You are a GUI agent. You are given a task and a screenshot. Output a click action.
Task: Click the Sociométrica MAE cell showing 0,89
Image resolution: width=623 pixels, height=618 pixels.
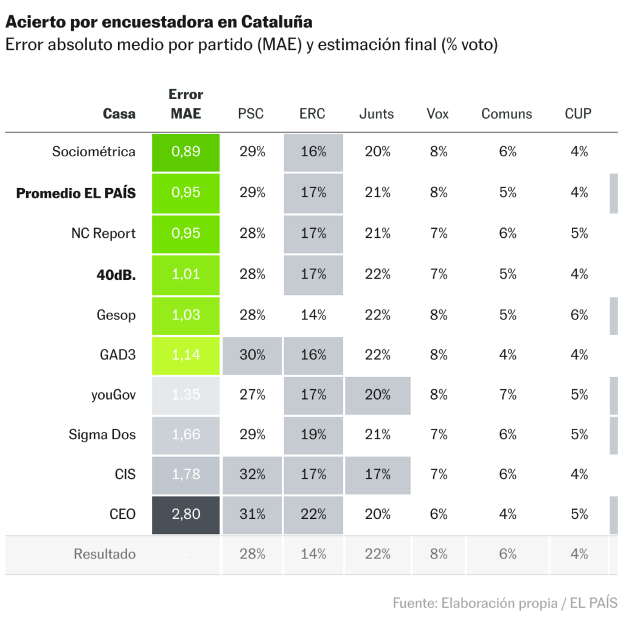point(186,152)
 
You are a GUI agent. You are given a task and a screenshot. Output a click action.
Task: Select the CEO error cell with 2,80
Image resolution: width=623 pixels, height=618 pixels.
point(186,515)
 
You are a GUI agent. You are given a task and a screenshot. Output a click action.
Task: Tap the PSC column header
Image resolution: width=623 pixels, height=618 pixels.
point(251,114)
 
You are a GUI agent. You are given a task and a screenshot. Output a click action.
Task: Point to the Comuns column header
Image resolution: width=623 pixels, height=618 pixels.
point(506,114)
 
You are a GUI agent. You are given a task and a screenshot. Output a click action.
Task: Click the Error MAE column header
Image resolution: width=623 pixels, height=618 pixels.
point(186,104)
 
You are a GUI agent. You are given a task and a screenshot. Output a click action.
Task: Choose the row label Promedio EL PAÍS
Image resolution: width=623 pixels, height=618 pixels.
point(76,193)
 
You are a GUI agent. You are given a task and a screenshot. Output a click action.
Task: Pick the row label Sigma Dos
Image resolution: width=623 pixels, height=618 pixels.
point(102,435)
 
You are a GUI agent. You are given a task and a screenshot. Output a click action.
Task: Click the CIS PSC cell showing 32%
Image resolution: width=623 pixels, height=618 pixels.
point(252,474)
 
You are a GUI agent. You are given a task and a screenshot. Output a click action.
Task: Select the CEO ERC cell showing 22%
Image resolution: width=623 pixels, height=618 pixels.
point(313,515)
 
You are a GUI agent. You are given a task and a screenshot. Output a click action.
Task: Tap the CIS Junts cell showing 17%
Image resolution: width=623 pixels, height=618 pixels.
point(377,474)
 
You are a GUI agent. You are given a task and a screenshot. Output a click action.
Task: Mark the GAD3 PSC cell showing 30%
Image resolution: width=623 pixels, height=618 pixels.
point(252,355)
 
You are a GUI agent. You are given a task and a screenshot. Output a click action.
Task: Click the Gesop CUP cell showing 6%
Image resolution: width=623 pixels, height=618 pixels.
point(579,315)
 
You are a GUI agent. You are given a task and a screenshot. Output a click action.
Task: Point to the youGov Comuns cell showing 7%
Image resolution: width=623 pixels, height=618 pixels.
point(507,395)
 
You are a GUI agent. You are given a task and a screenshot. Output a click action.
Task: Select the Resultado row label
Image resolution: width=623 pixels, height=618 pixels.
point(105,554)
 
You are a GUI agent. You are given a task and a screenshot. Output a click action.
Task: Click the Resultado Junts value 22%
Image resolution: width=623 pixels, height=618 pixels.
point(377,554)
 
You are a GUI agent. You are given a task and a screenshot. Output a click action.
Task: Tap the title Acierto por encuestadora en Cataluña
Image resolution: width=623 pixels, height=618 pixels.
point(159,23)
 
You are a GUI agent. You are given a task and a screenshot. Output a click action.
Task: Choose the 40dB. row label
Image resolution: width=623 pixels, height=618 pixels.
point(116,274)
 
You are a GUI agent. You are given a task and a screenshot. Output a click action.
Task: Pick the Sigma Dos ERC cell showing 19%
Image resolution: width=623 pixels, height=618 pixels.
point(313,435)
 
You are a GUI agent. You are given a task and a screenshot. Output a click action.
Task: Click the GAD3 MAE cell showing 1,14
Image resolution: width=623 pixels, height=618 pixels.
point(186,355)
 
